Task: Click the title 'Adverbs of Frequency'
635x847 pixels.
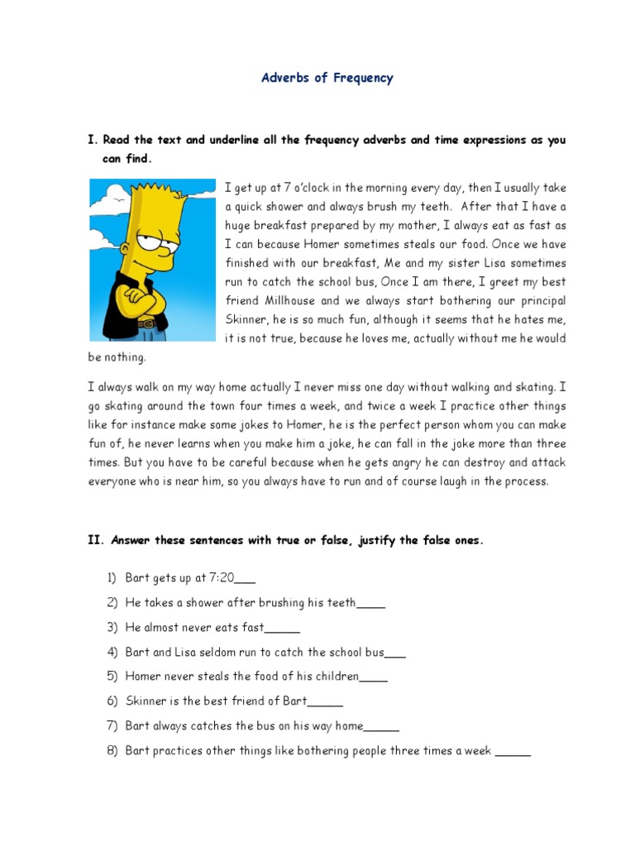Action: [327, 79]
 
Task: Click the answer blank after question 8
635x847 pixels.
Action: [513, 752]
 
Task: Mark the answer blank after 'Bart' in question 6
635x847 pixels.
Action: [325, 702]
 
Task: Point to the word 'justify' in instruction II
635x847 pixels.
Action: [391, 541]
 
